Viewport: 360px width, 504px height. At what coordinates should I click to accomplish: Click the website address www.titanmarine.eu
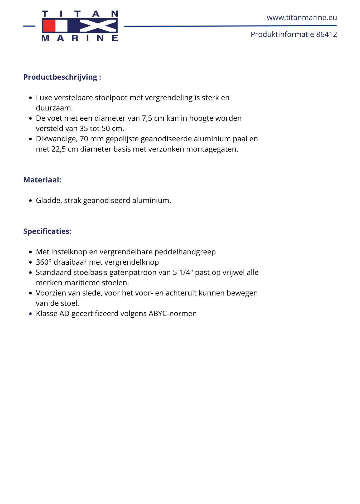click(x=302, y=18)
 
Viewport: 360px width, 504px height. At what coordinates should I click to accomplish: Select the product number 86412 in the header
click(x=327, y=35)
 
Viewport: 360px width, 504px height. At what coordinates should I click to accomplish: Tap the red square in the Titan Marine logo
click(x=49, y=26)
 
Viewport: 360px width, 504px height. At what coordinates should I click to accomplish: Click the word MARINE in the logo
click(x=80, y=38)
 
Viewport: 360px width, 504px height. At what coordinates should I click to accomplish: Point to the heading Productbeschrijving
click(x=60, y=77)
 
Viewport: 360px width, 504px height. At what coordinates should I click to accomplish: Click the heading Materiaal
click(x=42, y=180)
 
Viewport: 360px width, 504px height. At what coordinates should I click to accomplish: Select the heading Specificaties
click(x=47, y=231)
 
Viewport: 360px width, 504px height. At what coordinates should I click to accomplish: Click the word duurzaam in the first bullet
click(x=54, y=108)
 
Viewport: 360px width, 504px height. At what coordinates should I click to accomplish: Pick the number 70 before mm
click(x=84, y=139)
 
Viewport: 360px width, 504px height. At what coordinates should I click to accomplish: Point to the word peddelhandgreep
click(x=185, y=252)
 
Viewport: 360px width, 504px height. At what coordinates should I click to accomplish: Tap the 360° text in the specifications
click(x=44, y=262)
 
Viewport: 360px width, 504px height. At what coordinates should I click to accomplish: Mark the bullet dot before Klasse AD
click(x=31, y=314)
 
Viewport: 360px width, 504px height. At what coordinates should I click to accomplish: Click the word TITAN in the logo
click(x=80, y=14)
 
